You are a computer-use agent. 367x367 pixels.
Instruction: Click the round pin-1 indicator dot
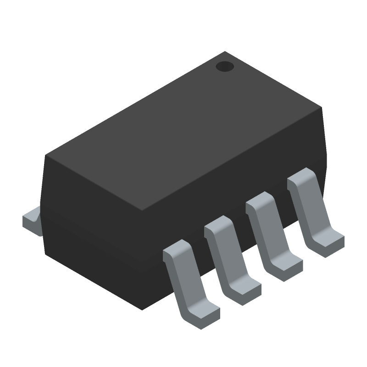(225, 67)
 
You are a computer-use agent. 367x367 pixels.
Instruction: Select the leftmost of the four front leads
(188, 280)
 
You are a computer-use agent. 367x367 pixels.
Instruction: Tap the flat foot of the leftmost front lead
(202, 314)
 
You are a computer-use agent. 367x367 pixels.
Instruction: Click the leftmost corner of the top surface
(46, 156)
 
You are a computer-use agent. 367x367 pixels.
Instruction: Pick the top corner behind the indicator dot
(225, 52)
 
